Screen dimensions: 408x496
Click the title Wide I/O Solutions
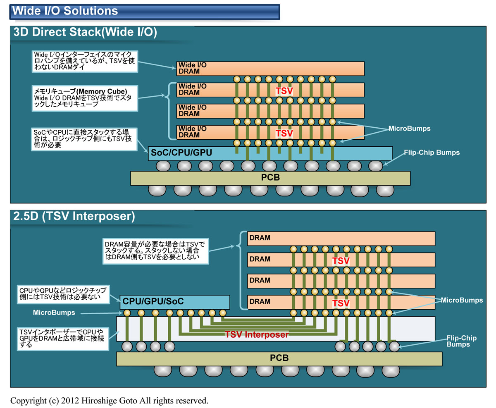click(x=65, y=10)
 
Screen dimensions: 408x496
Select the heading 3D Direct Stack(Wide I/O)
click(x=85, y=33)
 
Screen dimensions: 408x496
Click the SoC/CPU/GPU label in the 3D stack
click(x=181, y=153)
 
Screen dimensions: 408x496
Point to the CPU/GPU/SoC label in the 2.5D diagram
click(x=153, y=301)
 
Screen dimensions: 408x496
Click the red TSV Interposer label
click(x=256, y=334)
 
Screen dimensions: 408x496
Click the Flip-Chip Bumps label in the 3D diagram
click(x=432, y=153)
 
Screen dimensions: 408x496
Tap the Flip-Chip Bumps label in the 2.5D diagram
click(x=462, y=341)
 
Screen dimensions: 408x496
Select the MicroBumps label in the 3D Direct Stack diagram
click(x=410, y=129)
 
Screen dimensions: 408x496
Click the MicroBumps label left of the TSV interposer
click(x=54, y=313)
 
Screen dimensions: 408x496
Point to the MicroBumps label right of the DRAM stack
click(x=462, y=299)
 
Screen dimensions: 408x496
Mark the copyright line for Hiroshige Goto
click(x=109, y=400)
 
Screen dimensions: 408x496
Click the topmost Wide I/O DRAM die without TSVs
click(x=270, y=68)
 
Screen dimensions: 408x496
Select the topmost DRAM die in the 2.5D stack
click(x=341, y=238)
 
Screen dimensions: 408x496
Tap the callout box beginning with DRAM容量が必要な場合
click(x=155, y=251)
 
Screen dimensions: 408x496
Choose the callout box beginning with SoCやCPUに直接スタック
click(x=85, y=138)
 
